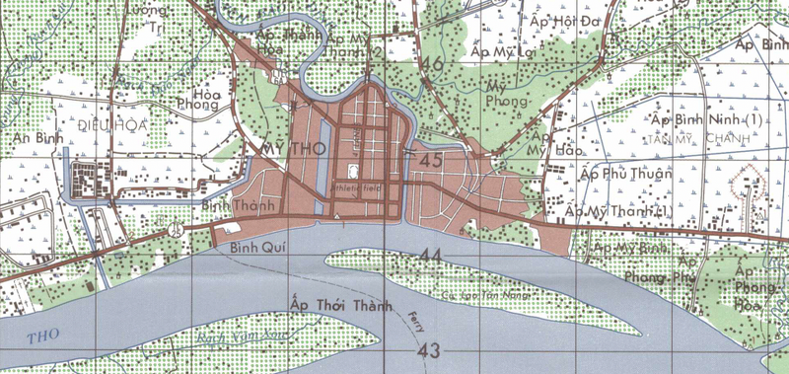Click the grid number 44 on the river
429,257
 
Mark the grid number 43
428,352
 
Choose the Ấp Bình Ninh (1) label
706,119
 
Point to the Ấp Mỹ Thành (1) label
618,210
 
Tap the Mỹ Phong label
508,93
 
